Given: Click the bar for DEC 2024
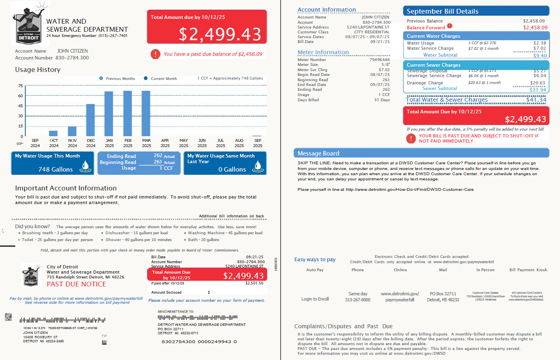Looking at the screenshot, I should point(90,120).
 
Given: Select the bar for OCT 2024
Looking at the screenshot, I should point(53,133).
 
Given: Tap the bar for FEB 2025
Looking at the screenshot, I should point(128,113).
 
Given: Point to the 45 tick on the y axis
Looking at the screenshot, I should point(21,106).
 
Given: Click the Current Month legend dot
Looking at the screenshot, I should point(146,78).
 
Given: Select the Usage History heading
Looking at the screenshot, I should point(38,70).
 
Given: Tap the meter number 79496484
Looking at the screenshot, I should point(379,60).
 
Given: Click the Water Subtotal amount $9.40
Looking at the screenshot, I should point(539,55).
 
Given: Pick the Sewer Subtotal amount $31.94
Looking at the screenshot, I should point(538,90).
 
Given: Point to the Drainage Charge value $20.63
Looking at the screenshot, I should point(537,83).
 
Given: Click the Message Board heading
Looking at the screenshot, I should point(318,153).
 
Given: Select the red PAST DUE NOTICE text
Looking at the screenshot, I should point(76,284).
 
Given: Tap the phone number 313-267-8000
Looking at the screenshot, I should point(357,300).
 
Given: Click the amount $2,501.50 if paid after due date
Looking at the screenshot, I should point(254,283).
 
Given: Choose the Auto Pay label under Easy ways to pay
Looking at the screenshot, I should point(315,270).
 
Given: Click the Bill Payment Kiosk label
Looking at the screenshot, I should point(528,270).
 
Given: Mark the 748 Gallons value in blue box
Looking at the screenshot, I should point(55,170).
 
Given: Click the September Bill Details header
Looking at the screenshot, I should point(442,11).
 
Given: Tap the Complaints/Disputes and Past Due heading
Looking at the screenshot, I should point(343,326).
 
